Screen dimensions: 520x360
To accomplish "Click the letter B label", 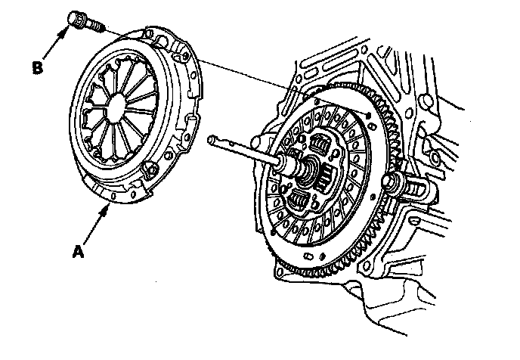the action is point(37,67).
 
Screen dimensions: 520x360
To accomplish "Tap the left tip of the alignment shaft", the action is point(212,139).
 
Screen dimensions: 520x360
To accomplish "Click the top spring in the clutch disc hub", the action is point(322,144).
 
